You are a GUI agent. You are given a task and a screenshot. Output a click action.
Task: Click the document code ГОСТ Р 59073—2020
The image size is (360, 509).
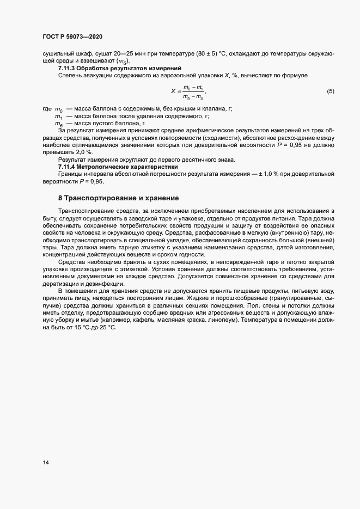(x=72, y=36)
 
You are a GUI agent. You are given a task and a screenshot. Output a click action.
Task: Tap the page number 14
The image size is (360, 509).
(x=46, y=463)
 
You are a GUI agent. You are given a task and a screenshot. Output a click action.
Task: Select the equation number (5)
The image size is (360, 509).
(x=330, y=91)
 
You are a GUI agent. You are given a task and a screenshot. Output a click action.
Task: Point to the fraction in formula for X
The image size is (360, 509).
(x=193, y=92)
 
